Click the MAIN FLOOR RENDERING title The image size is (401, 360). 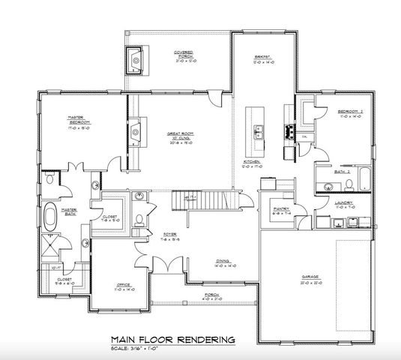point(172,338)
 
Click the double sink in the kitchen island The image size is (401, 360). point(259,133)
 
